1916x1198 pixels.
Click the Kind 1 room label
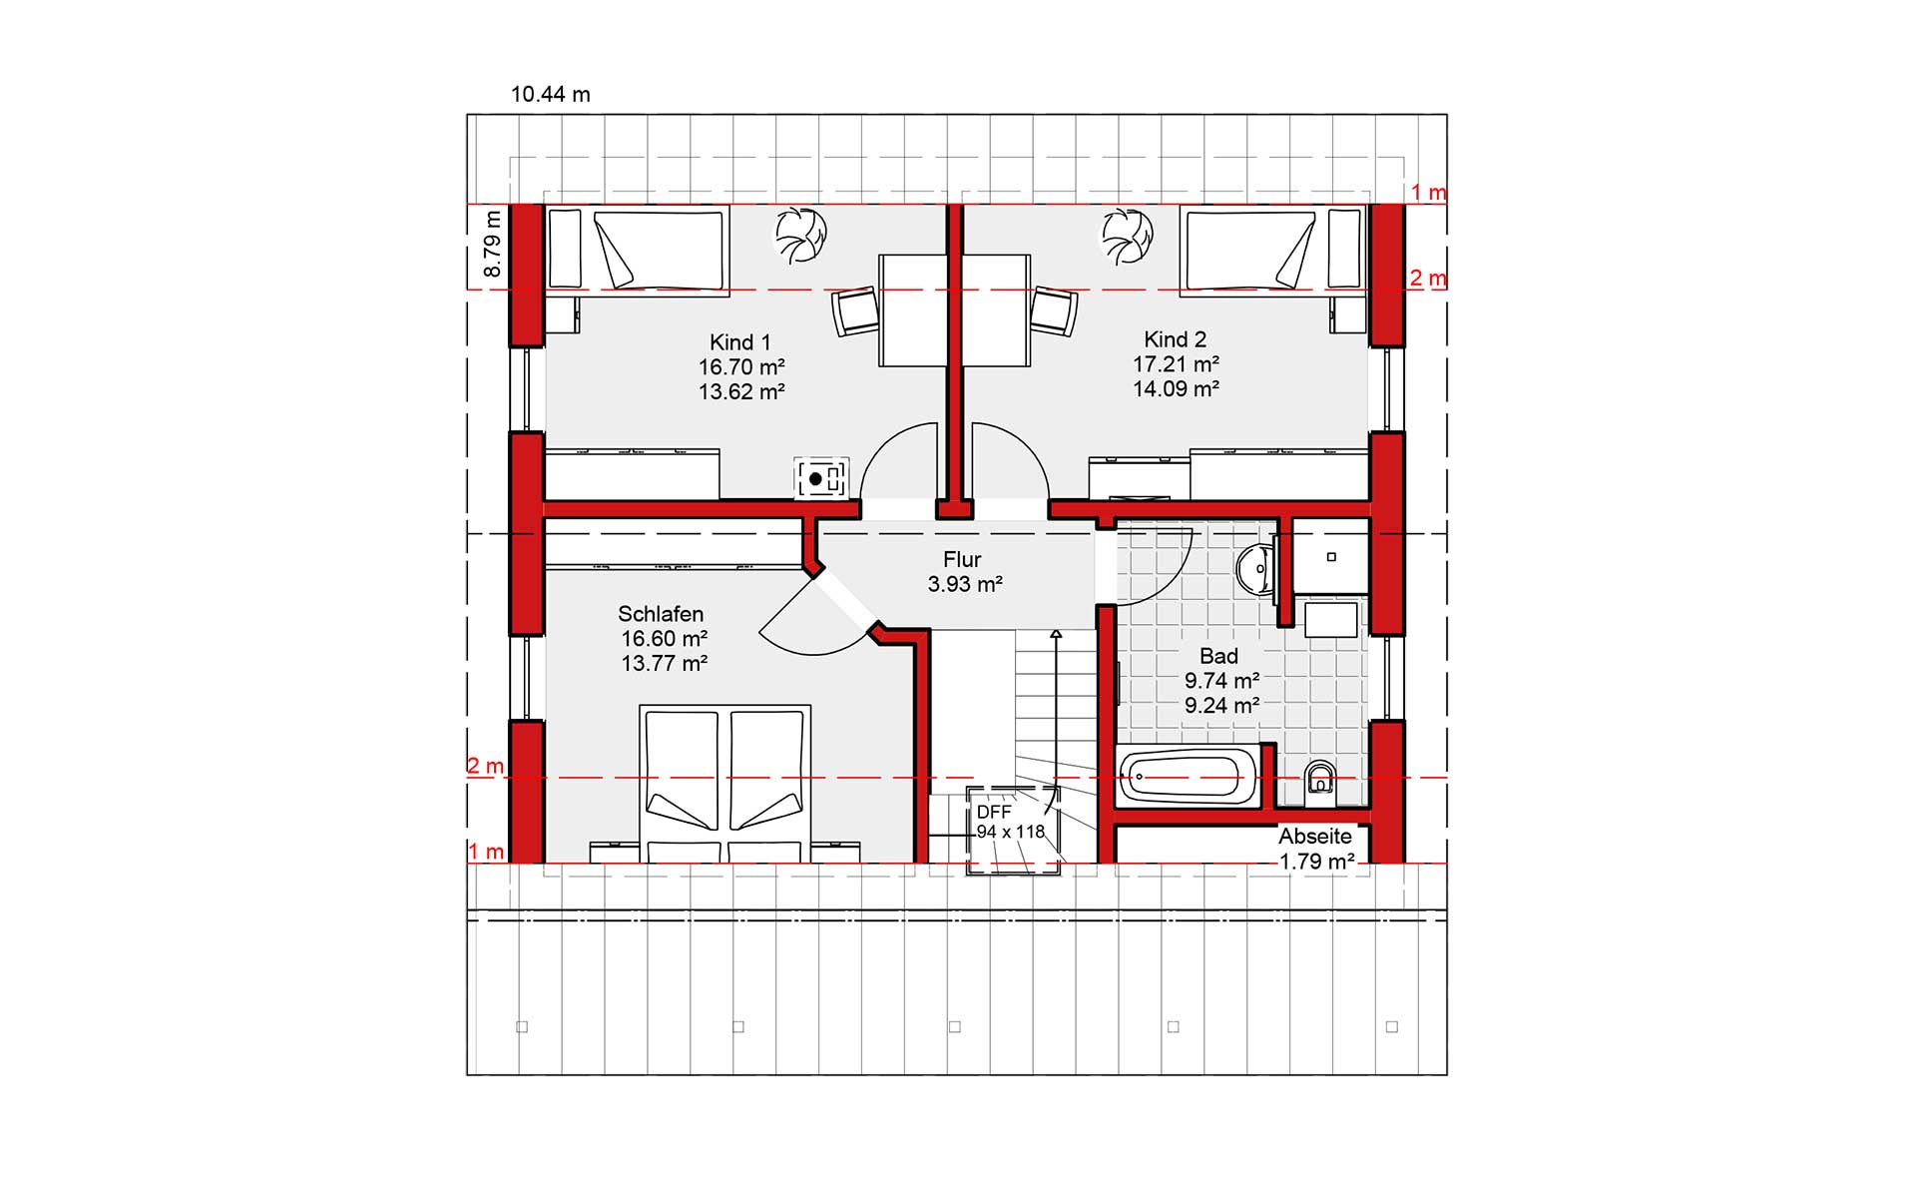tap(740, 341)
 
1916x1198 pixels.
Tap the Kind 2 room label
tap(1176, 339)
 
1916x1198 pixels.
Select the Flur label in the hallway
tap(963, 559)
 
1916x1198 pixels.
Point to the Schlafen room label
tap(661, 614)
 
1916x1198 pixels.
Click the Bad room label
tap(1219, 656)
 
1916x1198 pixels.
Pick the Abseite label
tap(1315, 837)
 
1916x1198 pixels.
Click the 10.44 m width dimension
tap(551, 95)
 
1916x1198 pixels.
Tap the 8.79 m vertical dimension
tap(492, 245)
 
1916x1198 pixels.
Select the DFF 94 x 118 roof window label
tap(1010, 822)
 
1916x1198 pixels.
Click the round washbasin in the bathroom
tap(1252, 571)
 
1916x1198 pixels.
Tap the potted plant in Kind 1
tap(801, 236)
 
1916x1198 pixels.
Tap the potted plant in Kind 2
tap(1128, 236)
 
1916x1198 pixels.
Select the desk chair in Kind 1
tap(855, 311)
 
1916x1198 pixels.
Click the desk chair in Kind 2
tap(1054, 311)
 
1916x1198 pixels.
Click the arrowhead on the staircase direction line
tap(1056, 633)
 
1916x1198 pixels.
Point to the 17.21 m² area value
tap(1176, 364)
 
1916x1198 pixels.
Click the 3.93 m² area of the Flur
tap(964, 584)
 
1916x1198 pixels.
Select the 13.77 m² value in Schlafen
tap(665, 664)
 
